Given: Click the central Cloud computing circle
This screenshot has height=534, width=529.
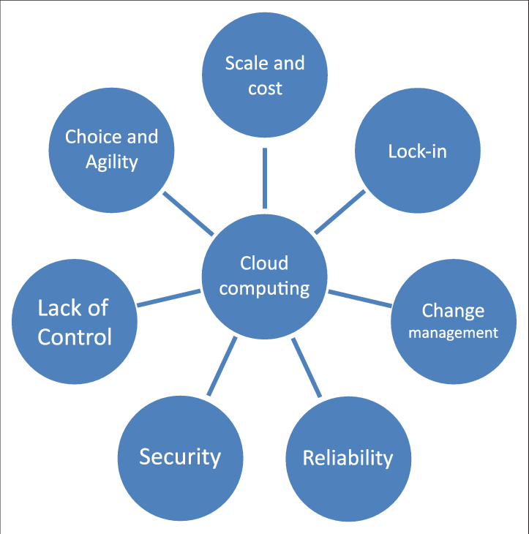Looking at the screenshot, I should click(264, 277).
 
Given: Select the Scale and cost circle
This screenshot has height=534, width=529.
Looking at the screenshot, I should click(264, 76).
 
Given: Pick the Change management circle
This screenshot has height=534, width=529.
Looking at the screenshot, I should click(454, 321).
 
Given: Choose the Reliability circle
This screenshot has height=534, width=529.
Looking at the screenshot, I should click(348, 458).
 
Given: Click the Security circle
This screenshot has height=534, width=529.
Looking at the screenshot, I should click(180, 456).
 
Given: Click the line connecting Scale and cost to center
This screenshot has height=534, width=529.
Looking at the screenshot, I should click(264, 178).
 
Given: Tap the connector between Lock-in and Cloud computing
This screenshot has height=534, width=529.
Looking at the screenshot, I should click(340, 211).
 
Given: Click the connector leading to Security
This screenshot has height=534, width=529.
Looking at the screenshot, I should click(222, 366).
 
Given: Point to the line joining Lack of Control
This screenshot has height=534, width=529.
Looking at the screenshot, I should click(168, 298).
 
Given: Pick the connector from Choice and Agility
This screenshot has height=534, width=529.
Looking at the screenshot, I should click(188, 214).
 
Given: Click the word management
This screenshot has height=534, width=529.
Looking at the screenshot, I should click(453, 333).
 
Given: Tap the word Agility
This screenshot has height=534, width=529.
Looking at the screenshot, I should click(111, 162).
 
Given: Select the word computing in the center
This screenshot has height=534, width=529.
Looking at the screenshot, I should click(264, 289).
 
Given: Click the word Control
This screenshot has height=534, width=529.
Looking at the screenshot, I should click(75, 336).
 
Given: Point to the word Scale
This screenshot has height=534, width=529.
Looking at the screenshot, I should click(244, 64).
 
